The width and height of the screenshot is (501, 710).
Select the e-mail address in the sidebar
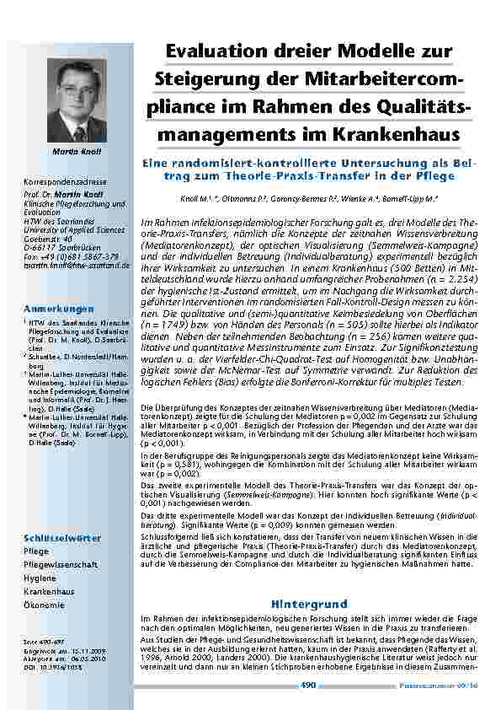coord(77,265)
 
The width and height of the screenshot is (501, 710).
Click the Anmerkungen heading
coord(60,309)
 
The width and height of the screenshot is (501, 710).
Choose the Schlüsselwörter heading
coord(63,538)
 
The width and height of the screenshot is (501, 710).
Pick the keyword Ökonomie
coord(45,605)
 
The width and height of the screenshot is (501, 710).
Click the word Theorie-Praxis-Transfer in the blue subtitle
coord(280,175)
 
